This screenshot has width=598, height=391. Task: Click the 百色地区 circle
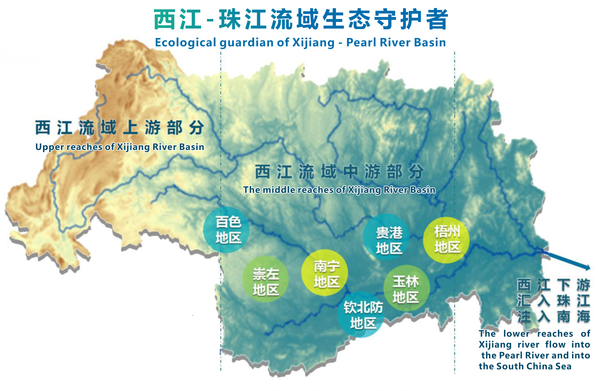(x=226, y=230)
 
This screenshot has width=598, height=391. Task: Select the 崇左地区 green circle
(x=265, y=279)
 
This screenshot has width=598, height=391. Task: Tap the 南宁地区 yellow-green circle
(x=325, y=273)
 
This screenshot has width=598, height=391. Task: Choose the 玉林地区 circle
(x=406, y=288)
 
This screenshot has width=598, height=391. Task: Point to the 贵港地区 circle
(x=387, y=237)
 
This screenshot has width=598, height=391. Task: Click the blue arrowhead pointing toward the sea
(x=587, y=268)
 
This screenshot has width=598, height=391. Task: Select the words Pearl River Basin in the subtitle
(x=396, y=43)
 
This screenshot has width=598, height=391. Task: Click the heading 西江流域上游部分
(x=120, y=128)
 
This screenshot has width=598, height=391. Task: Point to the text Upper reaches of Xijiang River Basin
(x=120, y=147)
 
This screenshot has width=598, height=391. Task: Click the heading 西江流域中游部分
(x=339, y=171)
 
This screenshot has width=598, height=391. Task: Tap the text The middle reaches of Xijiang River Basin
(x=339, y=190)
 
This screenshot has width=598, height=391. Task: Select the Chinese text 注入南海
(x=553, y=317)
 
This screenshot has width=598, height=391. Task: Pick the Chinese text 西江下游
(x=553, y=285)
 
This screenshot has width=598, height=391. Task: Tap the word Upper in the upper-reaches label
(x=49, y=147)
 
